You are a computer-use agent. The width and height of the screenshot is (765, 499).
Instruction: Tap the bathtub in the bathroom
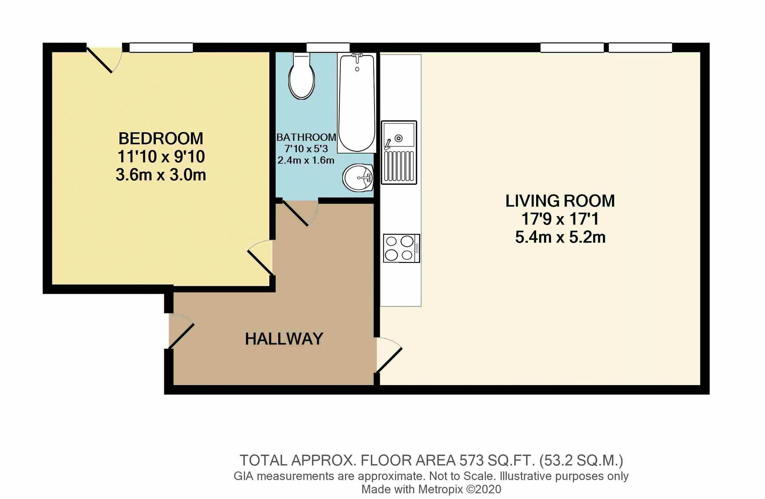[356, 103]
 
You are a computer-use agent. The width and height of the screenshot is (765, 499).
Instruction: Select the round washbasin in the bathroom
[357, 178]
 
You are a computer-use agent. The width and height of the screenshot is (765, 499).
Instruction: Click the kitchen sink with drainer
[399, 152]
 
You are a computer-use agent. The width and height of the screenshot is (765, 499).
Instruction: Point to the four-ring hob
[401, 248]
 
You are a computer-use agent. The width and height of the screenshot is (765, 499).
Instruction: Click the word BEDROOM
[161, 139]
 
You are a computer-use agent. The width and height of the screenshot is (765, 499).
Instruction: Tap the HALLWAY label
[284, 339]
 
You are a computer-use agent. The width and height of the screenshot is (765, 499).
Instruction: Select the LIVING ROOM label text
[560, 201]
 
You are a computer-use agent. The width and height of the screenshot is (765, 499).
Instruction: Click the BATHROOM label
[306, 138]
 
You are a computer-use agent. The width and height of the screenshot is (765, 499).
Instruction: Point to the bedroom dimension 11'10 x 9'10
[161, 157]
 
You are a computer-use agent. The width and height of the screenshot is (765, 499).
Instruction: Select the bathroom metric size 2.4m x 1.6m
[306, 160]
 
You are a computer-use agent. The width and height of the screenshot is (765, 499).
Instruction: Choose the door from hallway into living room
[389, 355]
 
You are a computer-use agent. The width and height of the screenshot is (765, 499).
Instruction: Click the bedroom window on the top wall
[161, 48]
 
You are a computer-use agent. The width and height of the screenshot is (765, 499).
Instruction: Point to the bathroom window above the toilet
[328, 48]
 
